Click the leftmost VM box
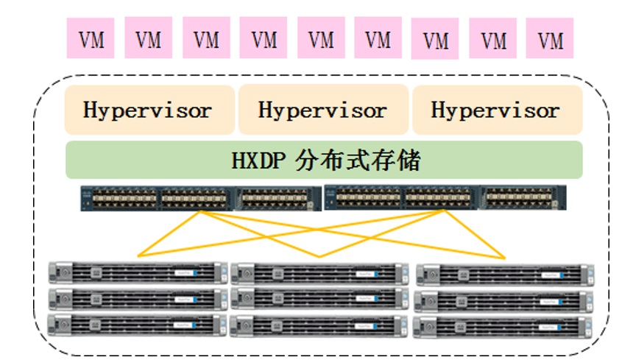(91, 39)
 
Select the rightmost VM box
(551, 39)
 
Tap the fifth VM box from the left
(321, 39)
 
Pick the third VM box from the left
(206, 39)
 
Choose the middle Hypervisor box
(323, 110)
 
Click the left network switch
(201, 198)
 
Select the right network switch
(445, 198)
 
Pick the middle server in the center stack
(319, 298)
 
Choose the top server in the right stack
(504, 274)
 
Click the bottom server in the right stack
(504, 325)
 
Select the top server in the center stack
(319, 273)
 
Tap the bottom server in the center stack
(319, 325)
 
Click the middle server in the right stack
(504, 300)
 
